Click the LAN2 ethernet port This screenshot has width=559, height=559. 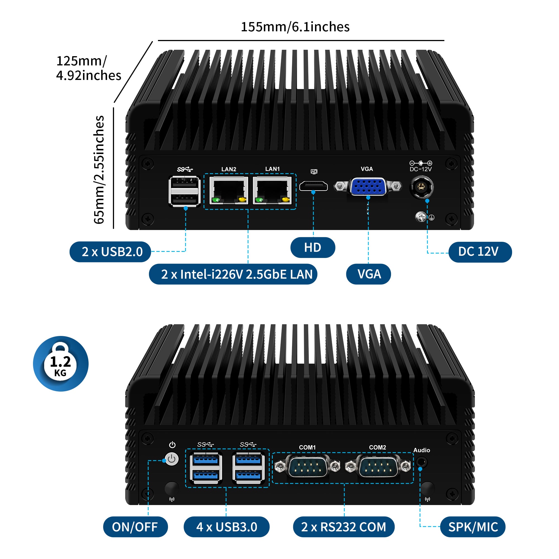pyautogui.click(x=229, y=190)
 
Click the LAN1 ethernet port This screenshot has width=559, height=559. pyautogui.click(x=272, y=190)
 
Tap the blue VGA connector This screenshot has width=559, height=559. pyautogui.click(x=368, y=186)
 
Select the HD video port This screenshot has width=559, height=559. pyautogui.click(x=313, y=186)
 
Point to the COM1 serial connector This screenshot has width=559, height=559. pyautogui.click(x=307, y=466)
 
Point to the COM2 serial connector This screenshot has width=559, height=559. pyautogui.click(x=378, y=466)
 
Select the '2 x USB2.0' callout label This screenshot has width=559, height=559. pyautogui.click(x=110, y=252)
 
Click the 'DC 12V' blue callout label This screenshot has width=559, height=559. pyautogui.click(x=480, y=252)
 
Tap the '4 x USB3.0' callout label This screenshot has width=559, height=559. pyautogui.click(x=226, y=527)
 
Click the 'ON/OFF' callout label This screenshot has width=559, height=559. pyautogui.click(x=135, y=527)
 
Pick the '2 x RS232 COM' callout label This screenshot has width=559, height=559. pyautogui.click(x=344, y=527)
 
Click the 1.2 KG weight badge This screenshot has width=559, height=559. pyautogui.click(x=60, y=364)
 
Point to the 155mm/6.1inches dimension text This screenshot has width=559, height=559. pyautogui.click(x=295, y=27)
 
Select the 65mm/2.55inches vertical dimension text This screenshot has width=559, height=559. pyautogui.click(x=99, y=170)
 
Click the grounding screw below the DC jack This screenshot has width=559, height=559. pyautogui.click(x=421, y=217)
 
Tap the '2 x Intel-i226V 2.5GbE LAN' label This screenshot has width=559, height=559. pyautogui.click(x=233, y=274)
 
